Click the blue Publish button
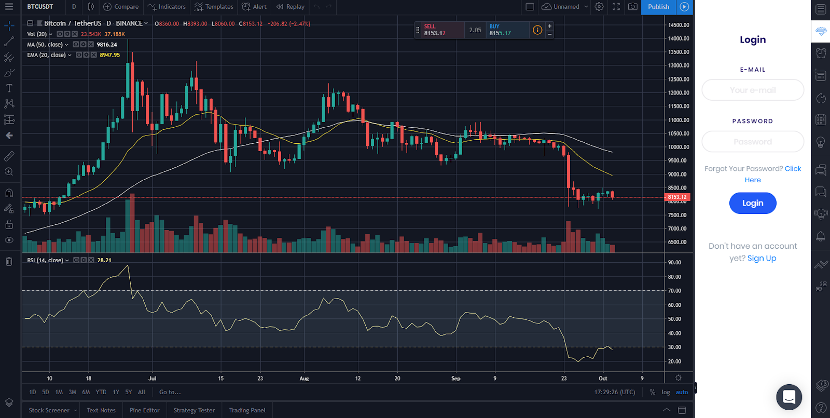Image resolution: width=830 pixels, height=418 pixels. point(658,7)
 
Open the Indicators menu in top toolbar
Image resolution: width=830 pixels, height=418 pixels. point(167,7)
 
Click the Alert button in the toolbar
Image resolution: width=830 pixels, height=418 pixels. point(254,7)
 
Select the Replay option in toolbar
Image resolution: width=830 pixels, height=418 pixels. point(290,7)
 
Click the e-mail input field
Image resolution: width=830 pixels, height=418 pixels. point(752,90)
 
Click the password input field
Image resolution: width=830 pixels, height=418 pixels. point(752,141)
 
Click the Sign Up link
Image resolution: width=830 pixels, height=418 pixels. point(762,258)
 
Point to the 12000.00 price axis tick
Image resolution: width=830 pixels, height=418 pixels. point(679,93)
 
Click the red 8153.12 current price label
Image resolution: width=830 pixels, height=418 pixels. point(677,197)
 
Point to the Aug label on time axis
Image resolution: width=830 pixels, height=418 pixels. point(304,379)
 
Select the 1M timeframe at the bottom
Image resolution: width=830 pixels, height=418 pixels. point(59,392)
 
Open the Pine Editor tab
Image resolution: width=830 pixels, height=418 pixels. point(144,410)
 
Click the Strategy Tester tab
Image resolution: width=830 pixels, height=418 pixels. point(194,410)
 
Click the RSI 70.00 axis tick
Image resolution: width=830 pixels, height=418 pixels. point(674,291)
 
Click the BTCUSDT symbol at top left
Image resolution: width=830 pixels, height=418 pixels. point(40,7)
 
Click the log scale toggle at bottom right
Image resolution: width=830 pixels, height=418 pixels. point(666,392)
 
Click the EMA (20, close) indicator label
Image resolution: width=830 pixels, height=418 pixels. point(46,55)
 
